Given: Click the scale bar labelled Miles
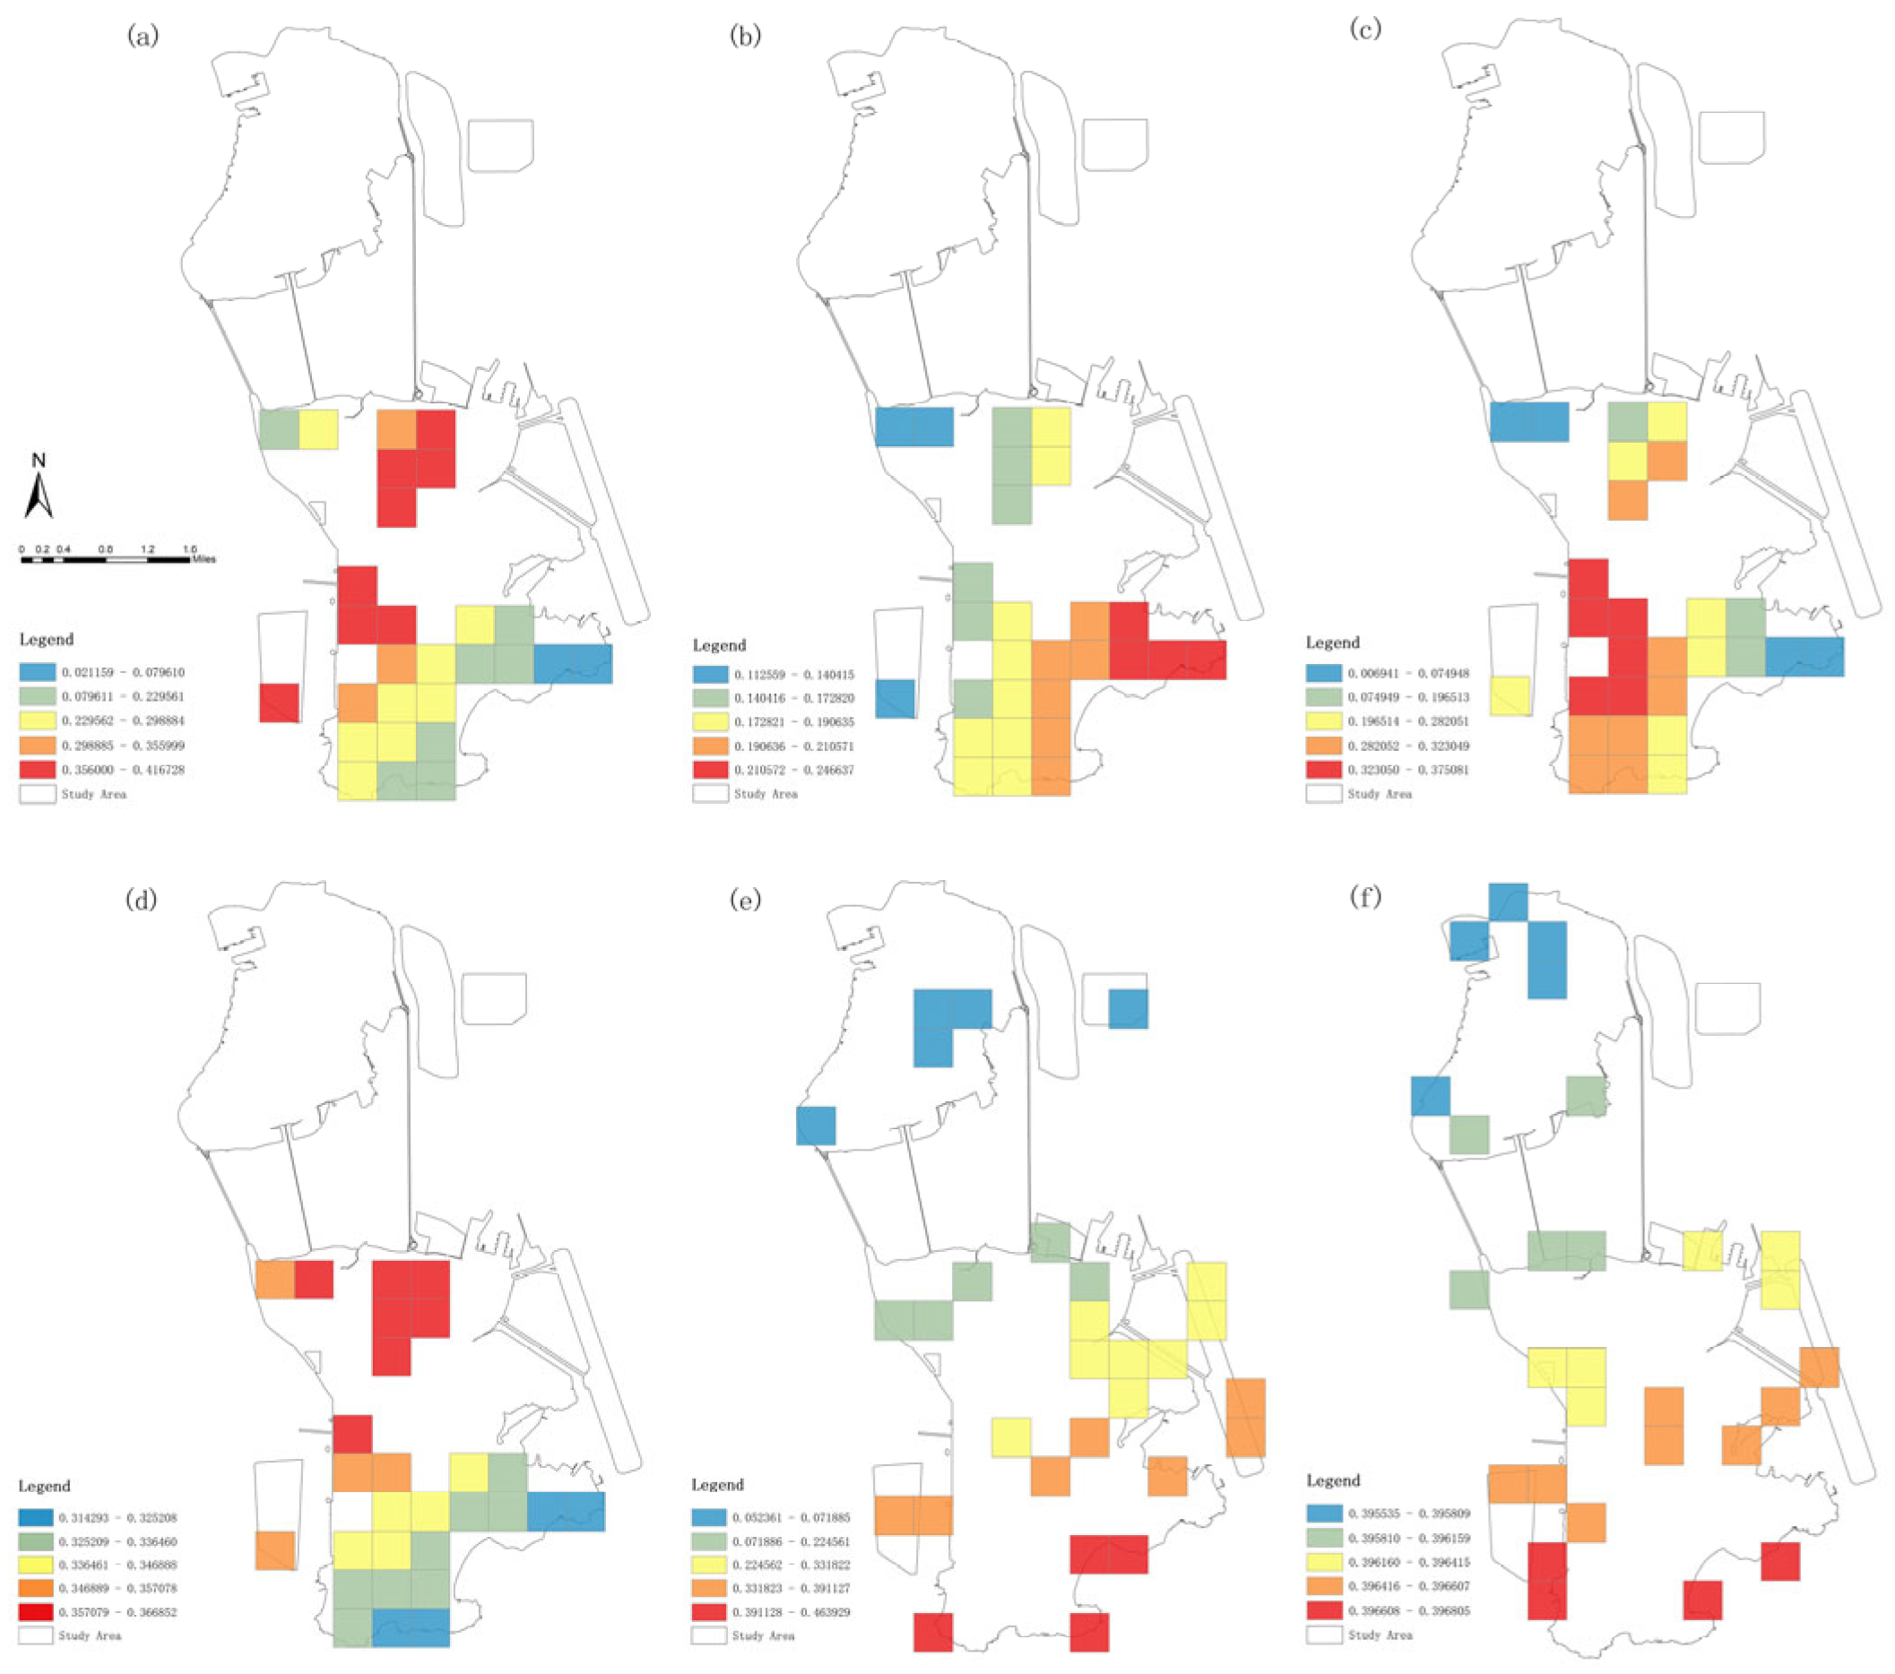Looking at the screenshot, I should (106, 559).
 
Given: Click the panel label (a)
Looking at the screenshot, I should (143, 36).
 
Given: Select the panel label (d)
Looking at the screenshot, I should (141, 900).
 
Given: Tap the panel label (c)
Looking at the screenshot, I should (1365, 29).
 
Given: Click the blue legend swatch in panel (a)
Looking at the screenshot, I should (37, 672).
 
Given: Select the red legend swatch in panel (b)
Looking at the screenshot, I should (710, 769).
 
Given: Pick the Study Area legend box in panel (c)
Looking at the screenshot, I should (1324, 793).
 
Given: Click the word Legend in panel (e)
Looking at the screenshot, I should (718, 1484).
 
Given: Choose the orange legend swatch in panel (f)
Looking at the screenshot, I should (1324, 1586).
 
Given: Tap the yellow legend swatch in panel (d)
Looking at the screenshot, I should (35, 1565).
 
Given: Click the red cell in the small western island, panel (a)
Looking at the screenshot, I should (279, 703).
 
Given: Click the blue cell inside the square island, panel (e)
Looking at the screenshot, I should (1129, 1008).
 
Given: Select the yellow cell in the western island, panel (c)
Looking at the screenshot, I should (1510, 696).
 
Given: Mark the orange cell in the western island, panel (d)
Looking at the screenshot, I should (275, 1549).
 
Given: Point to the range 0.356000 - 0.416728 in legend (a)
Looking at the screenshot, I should (124, 769).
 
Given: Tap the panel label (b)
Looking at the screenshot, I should (746, 36).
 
